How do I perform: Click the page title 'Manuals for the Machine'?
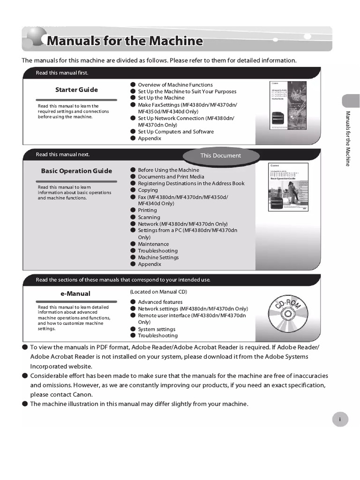coord(124,41)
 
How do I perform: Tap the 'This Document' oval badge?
coord(220,156)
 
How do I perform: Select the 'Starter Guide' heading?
coord(76,90)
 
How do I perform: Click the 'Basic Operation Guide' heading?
coord(76,171)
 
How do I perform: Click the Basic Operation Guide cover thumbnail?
coord(288,187)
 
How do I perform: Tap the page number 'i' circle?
coord(340,420)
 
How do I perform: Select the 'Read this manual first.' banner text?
coord(62,73)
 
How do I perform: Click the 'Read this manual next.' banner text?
coord(62,155)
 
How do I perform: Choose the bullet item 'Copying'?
coord(148,190)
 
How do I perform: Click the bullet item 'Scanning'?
coord(149,217)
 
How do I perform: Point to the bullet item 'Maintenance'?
coord(153,244)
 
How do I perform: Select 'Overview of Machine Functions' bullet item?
coord(175,85)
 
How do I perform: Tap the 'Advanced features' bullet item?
coord(160,302)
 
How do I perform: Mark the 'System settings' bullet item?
coord(157,329)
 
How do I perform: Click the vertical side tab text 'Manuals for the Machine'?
coord(348,139)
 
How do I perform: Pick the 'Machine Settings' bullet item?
coord(158,257)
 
